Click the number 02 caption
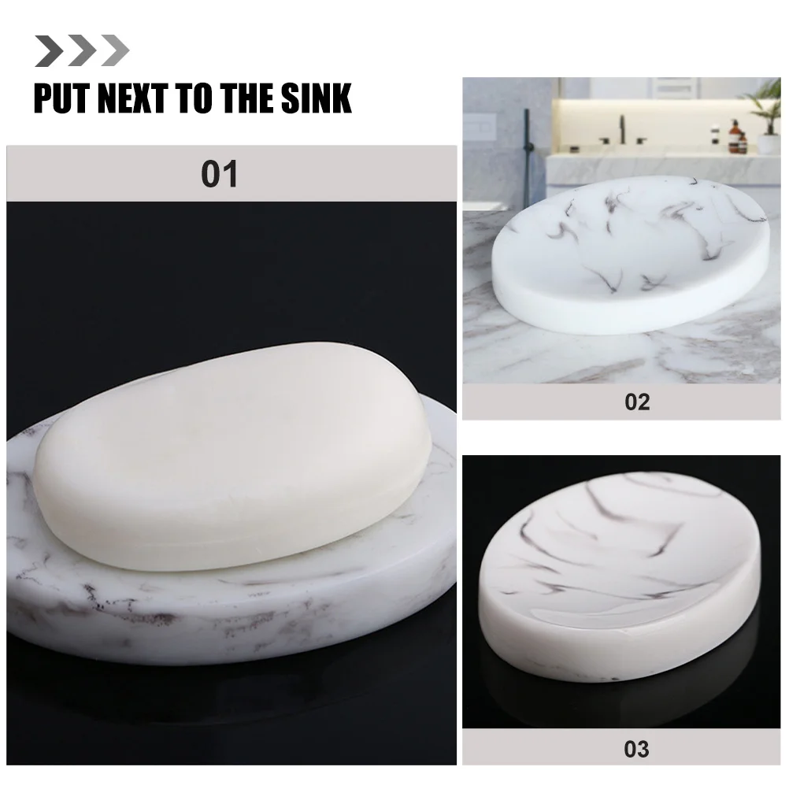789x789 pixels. tap(637, 402)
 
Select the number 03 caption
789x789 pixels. tap(636, 748)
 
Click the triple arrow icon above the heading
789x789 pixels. tap(82, 50)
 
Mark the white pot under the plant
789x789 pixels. tap(768, 143)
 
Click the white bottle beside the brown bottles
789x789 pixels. tap(715, 135)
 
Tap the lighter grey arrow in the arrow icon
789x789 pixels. tap(116, 50)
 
